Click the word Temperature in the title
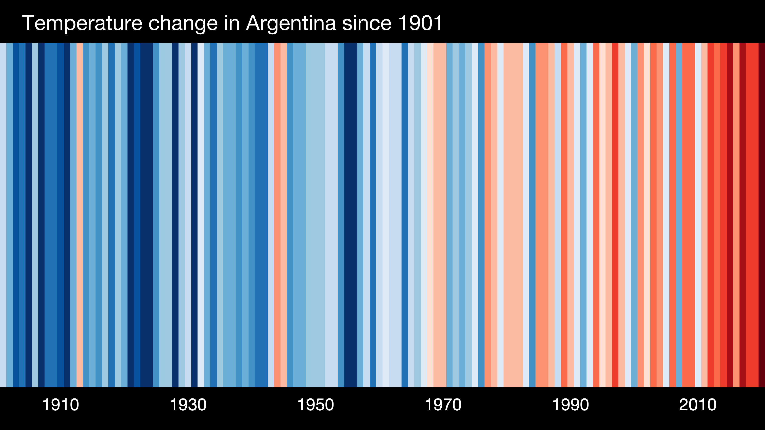click(82, 23)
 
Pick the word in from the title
click(232, 23)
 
